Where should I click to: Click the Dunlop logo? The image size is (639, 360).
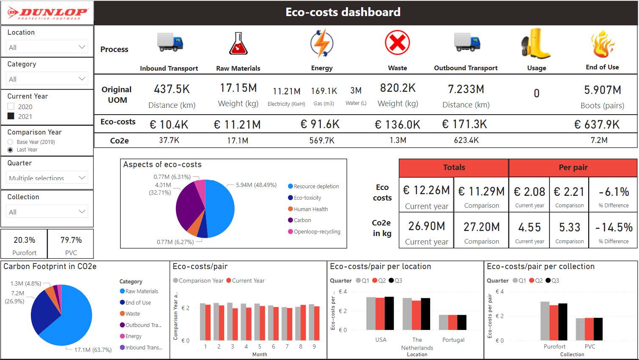[47, 13]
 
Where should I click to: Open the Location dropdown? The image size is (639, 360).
[47, 47]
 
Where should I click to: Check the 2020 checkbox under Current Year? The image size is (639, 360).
[11, 107]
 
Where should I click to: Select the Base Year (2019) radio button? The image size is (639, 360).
[11, 142]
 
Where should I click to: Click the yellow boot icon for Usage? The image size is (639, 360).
[536, 44]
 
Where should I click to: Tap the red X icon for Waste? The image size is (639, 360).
[397, 43]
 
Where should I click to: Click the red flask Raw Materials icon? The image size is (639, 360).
[238, 44]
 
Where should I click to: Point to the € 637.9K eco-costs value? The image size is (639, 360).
[597, 124]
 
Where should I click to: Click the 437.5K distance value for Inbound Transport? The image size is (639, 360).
[172, 89]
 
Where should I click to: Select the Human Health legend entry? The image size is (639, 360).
[310, 209]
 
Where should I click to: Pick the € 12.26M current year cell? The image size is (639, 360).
[426, 191]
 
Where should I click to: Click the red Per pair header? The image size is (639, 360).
[573, 168]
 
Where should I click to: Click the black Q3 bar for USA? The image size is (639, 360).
[389, 313]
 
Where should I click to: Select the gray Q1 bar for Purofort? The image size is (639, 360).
[545, 321]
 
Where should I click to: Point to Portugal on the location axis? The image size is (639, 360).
[453, 340]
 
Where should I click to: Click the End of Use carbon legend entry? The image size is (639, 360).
[138, 302]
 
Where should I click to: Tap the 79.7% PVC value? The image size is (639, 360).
[71, 240]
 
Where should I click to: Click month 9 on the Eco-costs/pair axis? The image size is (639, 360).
[314, 346]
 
